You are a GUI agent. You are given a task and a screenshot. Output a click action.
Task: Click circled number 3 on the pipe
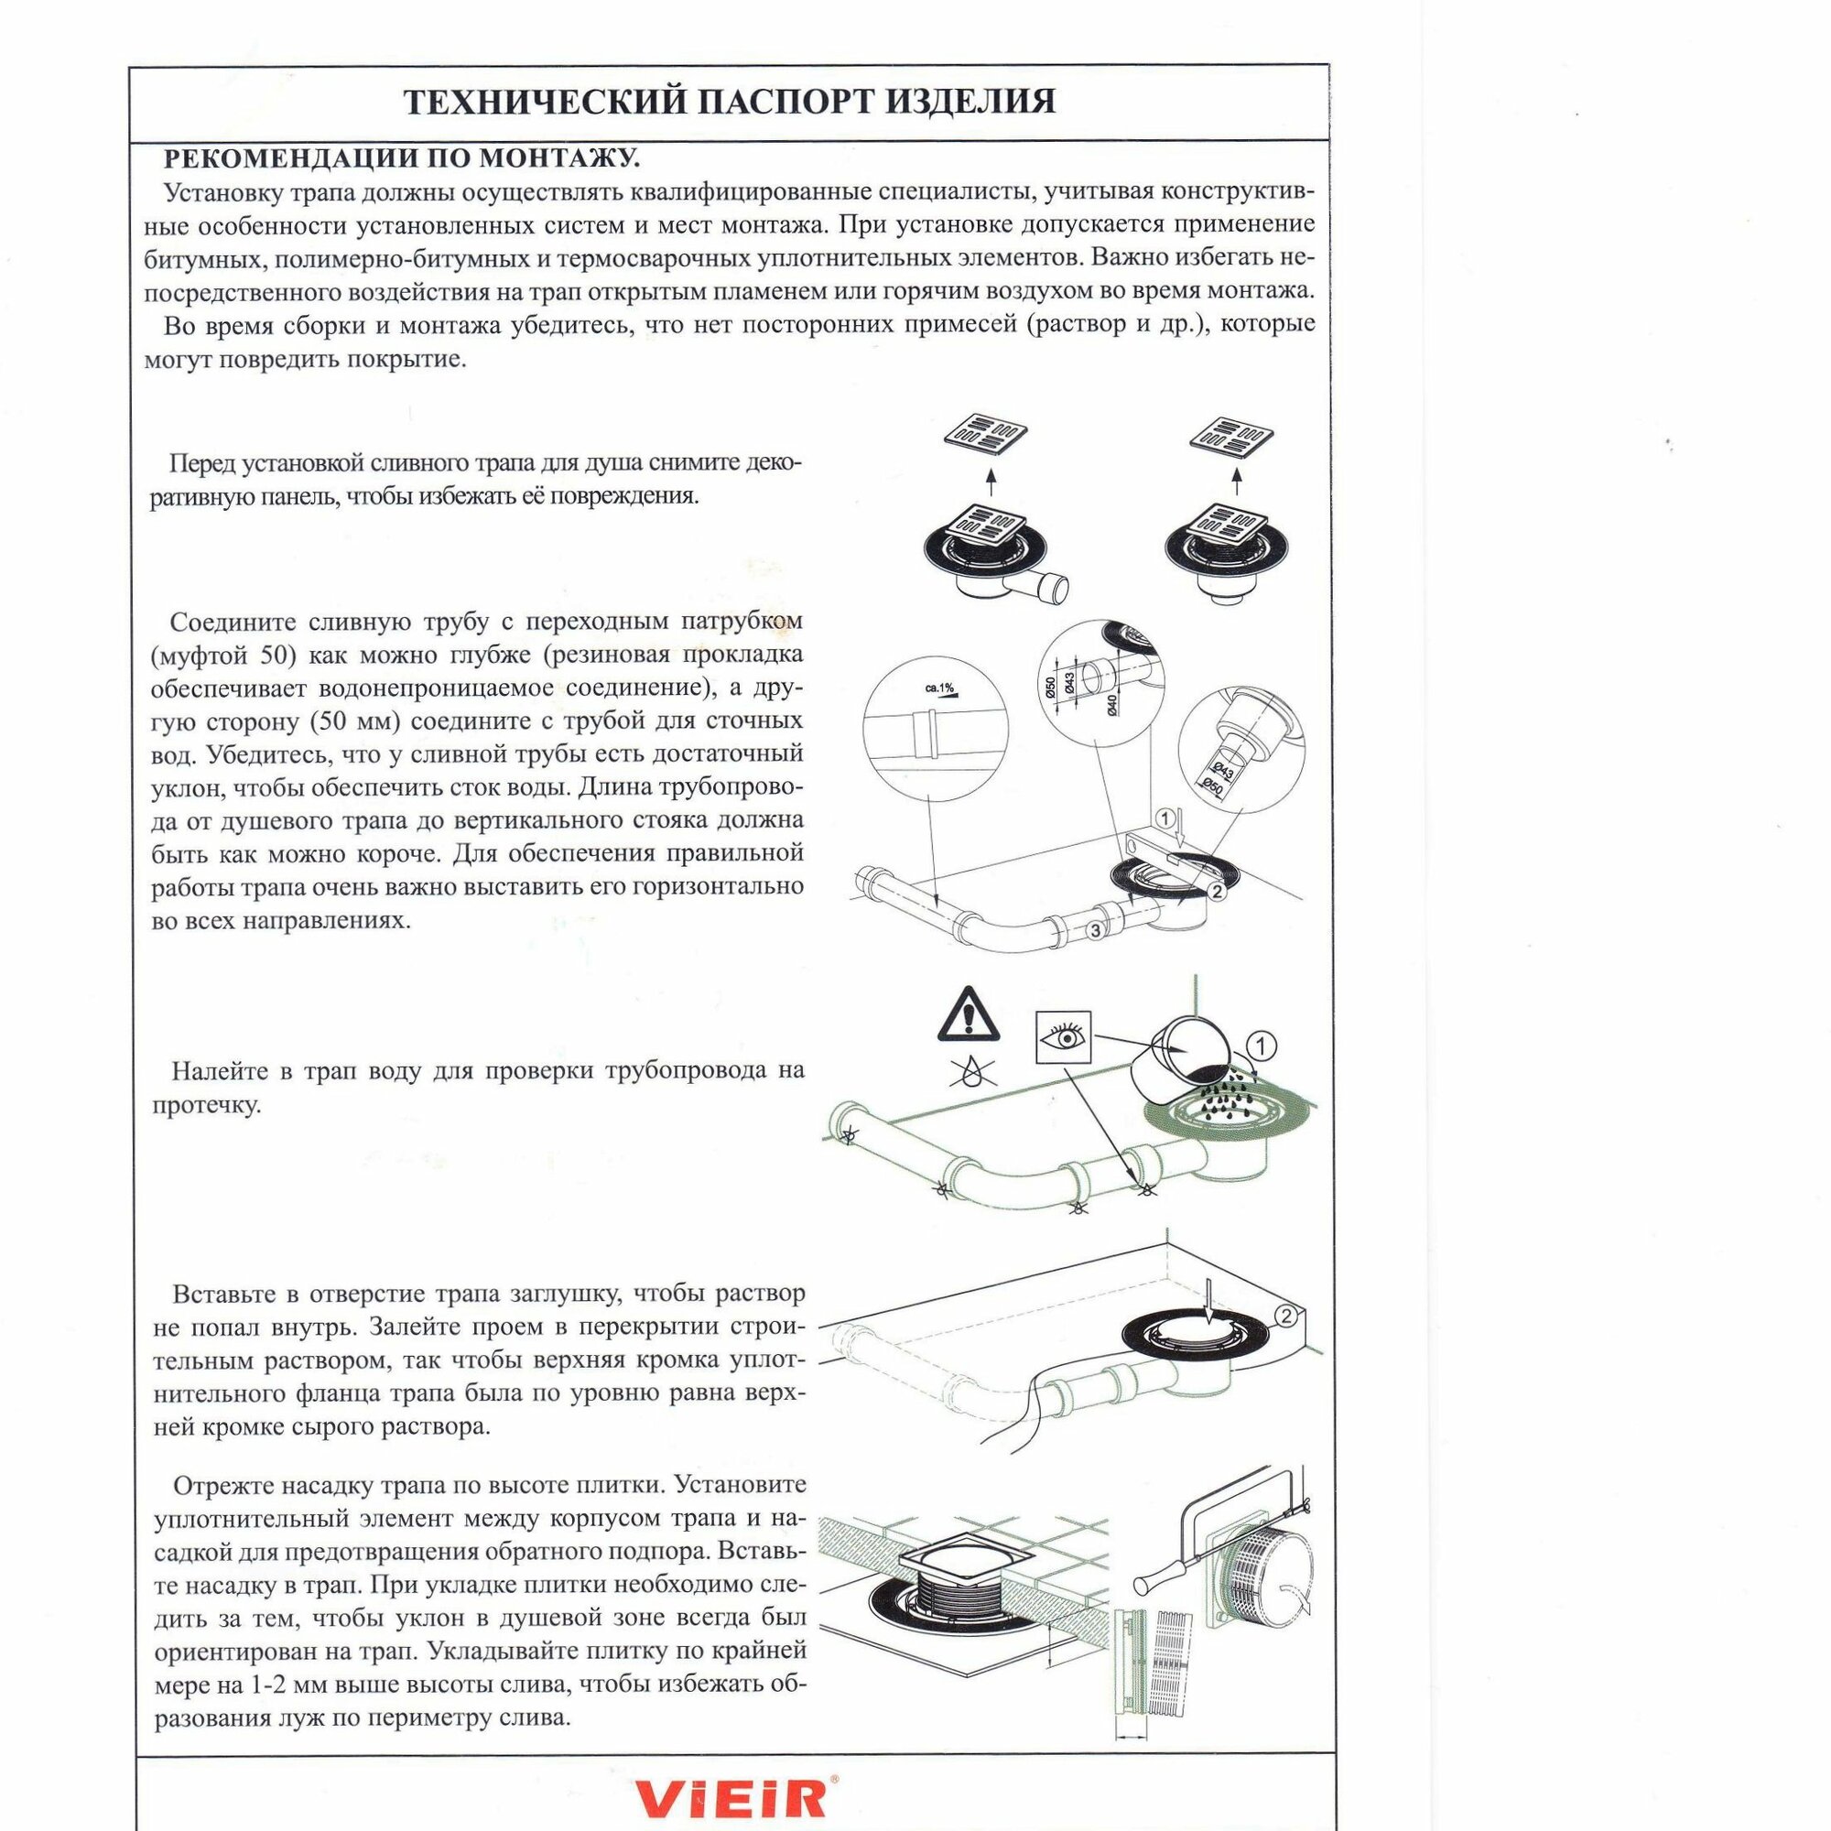1096,931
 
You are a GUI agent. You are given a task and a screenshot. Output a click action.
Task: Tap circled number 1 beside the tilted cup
1262,1046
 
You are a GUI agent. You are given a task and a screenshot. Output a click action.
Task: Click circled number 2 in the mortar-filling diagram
1286,1316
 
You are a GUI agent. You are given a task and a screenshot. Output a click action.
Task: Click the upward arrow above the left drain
991,483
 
